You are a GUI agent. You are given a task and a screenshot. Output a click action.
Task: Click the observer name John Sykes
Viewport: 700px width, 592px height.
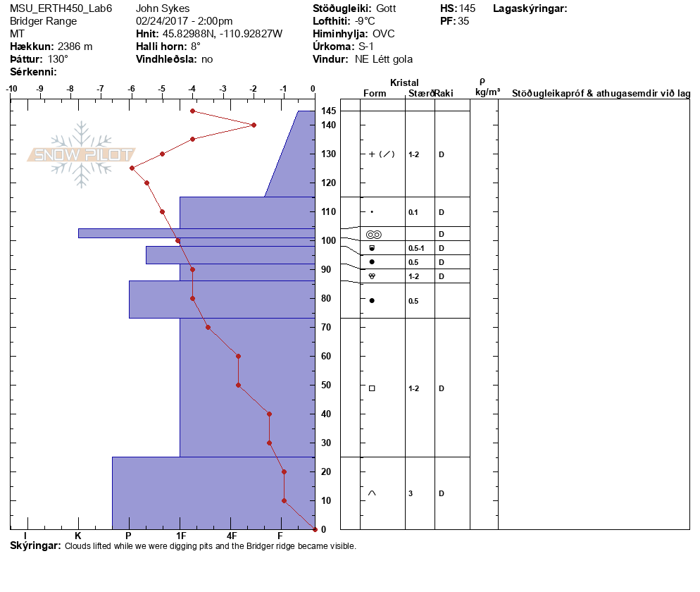tap(163, 8)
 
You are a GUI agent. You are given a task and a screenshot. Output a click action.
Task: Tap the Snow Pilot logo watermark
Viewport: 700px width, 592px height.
tap(82, 154)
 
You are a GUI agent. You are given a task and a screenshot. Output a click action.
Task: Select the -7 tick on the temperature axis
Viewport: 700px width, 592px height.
tap(101, 89)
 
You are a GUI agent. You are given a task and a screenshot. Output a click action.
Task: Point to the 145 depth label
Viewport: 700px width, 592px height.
tap(328, 111)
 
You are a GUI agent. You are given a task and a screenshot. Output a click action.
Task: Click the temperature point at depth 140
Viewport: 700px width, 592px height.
tap(254, 125)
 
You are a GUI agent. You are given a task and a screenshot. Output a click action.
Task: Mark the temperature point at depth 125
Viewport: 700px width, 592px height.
tap(132, 168)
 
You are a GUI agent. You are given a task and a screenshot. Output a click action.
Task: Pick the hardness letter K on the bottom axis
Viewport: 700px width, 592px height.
tap(78, 536)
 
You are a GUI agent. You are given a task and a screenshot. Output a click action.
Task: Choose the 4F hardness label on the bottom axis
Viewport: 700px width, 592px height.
tap(232, 536)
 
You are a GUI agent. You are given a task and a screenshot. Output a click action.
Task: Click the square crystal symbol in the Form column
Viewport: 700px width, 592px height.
tap(372, 388)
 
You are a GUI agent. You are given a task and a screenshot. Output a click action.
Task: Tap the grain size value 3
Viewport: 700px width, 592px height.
tap(411, 493)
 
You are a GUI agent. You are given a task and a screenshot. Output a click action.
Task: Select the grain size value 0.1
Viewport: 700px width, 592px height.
tap(413, 212)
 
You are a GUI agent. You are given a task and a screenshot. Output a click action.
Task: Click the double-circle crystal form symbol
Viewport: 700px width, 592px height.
tap(374, 234)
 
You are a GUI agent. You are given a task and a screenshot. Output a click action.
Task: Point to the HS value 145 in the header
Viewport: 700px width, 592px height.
tap(467, 8)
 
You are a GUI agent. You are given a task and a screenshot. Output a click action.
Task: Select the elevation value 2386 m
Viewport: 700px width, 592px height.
tap(75, 47)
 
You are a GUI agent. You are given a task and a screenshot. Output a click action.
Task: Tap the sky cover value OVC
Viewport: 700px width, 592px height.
tap(384, 34)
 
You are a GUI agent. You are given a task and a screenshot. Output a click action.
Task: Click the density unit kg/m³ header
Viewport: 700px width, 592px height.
tap(487, 92)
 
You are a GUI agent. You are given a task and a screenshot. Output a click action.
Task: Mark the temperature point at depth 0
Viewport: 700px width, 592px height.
tap(315, 529)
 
